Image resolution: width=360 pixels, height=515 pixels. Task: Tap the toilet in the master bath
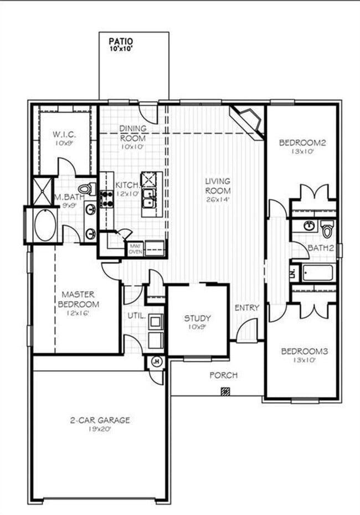tap(88, 189)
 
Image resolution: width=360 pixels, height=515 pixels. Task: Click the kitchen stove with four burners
tap(106, 199)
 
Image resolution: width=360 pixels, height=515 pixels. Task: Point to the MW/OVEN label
tap(135, 248)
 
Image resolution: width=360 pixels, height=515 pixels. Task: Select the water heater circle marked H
tap(156, 363)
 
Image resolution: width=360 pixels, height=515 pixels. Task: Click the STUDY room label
tap(197, 318)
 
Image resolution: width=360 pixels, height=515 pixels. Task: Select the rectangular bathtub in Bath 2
tap(317, 273)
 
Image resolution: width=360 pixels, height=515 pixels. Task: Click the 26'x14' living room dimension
tap(218, 199)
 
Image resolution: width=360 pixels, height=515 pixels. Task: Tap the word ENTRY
tap(246, 308)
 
